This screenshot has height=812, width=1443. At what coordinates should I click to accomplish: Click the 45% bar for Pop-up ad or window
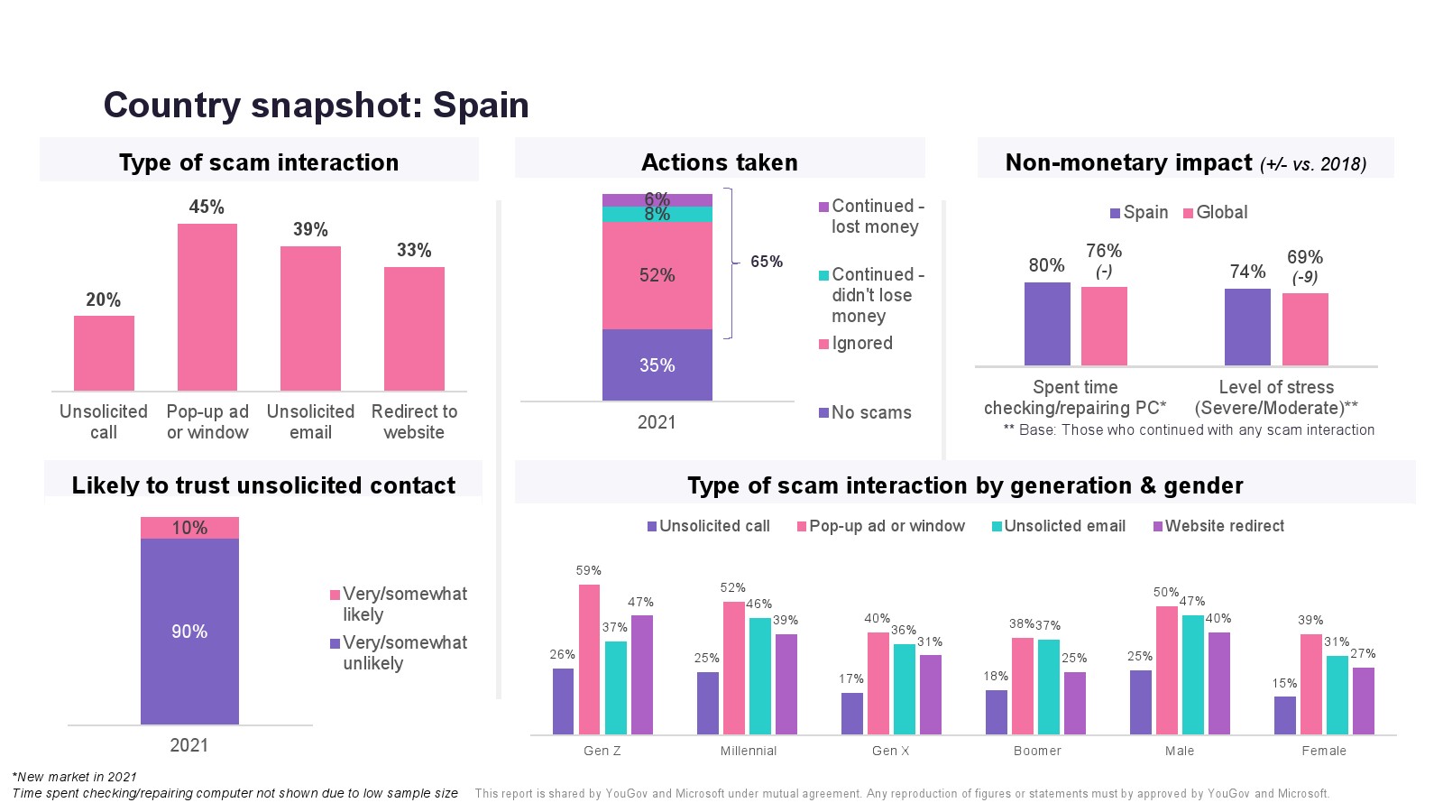coord(207,307)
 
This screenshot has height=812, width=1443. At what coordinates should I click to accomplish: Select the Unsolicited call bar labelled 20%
coord(104,353)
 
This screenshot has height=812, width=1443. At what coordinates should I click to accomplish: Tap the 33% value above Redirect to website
coord(414,250)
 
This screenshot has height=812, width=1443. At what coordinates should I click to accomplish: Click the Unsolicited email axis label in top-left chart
coord(310,421)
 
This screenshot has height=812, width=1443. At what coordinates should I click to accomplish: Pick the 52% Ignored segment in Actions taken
coord(657,275)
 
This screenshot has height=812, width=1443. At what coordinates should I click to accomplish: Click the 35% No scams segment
coord(657,364)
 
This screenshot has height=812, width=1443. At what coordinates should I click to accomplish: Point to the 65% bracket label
coord(766,262)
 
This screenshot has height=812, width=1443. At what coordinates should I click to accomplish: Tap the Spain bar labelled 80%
coord(1047,324)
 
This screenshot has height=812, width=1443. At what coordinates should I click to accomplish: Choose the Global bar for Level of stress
coord(1305,329)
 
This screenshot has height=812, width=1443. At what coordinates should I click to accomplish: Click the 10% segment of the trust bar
coord(189,528)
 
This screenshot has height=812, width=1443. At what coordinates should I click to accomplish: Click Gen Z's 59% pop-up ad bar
coord(589,659)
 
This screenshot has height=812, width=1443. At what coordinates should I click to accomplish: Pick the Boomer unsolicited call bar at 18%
coord(996,712)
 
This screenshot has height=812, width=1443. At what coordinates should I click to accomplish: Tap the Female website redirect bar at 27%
coord(1363,700)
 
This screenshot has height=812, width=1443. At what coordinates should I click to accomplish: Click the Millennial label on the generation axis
coord(748,751)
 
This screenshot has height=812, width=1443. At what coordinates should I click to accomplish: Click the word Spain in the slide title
coord(481,105)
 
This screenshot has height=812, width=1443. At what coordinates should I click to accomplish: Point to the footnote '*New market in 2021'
coord(74,777)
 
